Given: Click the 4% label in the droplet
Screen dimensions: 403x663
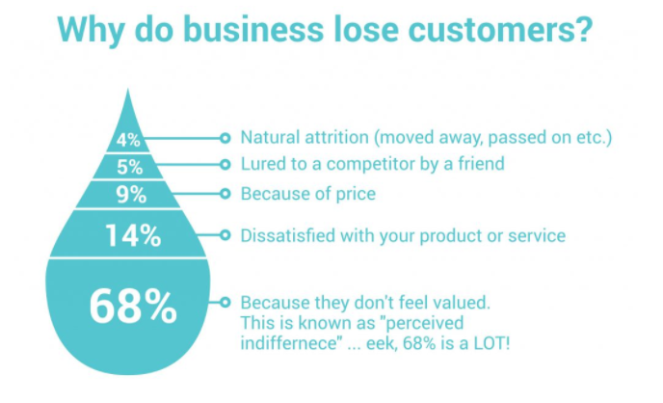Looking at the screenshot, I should (x=128, y=139).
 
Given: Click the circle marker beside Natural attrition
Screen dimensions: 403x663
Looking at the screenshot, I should (x=225, y=137).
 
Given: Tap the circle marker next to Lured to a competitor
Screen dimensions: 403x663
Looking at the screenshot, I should (x=225, y=164).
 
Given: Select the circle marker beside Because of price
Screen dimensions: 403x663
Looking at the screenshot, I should (x=225, y=194).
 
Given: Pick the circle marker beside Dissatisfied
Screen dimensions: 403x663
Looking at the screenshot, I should (x=225, y=234).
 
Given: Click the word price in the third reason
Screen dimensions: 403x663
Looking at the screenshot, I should (x=356, y=194).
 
